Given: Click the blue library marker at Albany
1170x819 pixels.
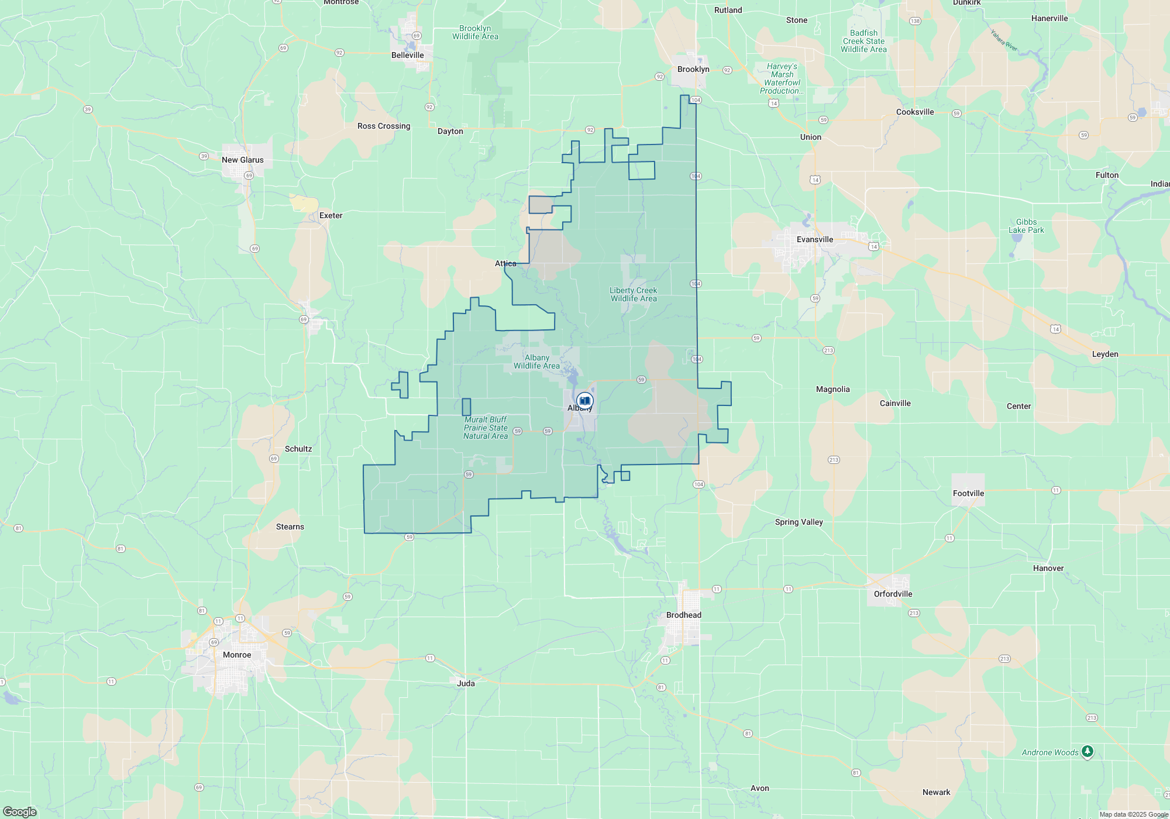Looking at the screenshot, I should click(x=584, y=401).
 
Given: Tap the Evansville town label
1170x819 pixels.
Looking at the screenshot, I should click(x=814, y=239).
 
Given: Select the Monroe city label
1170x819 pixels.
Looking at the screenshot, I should click(x=237, y=655).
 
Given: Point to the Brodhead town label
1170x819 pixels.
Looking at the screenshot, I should click(x=683, y=615).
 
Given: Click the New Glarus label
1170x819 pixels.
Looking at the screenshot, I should click(x=242, y=160).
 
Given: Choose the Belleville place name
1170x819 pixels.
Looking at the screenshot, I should click(x=407, y=55).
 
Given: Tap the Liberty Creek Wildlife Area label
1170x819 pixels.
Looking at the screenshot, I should click(x=633, y=294).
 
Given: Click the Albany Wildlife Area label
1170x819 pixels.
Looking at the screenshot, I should click(x=536, y=362).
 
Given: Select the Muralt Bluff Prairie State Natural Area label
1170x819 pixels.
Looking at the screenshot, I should click(x=486, y=428).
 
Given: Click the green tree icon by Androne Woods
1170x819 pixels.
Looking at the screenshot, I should click(x=1087, y=751).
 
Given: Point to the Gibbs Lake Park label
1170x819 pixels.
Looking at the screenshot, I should click(x=1026, y=226).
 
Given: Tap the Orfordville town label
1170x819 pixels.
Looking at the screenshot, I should click(x=893, y=594).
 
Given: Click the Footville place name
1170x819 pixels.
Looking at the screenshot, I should click(x=968, y=493).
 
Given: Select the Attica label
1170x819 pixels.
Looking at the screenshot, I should click(x=505, y=263).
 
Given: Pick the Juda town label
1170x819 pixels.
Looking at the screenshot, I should click(x=466, y=683).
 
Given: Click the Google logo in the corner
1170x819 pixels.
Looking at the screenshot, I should click(x=20, y=811).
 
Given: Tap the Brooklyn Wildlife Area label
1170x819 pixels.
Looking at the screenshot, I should click(x=475, y=32).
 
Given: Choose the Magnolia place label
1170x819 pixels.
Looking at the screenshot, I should click(x=832, y=389).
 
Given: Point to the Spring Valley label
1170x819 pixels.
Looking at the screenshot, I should click(x=799, y=522).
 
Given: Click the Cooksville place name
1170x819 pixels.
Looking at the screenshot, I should click(x=915, y=112).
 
